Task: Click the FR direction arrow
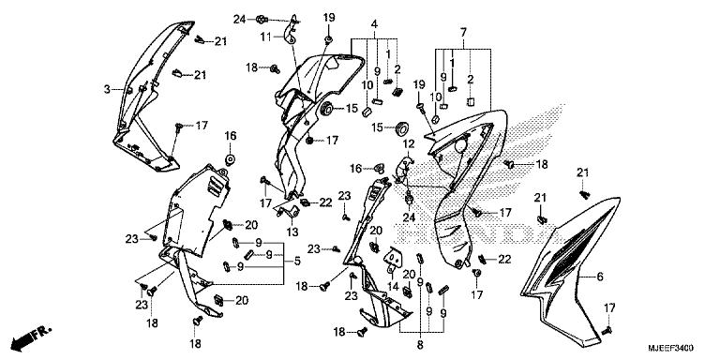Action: click(31, 337)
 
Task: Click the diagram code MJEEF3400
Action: click(671, 348)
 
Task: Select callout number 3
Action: click(107, 90)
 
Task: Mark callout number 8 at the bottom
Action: click(420, 345)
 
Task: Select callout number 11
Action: click(266, 37)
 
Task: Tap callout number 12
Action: click(409, 144)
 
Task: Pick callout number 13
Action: click(292, 232)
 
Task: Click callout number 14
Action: click(392, 287)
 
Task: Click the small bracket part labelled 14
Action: click(393, 258)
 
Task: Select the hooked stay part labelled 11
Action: click(291, 31)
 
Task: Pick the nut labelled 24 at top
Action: click(261, 20)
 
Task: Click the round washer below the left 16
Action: click(230, 159)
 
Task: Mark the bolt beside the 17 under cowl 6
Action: click(607, 330)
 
